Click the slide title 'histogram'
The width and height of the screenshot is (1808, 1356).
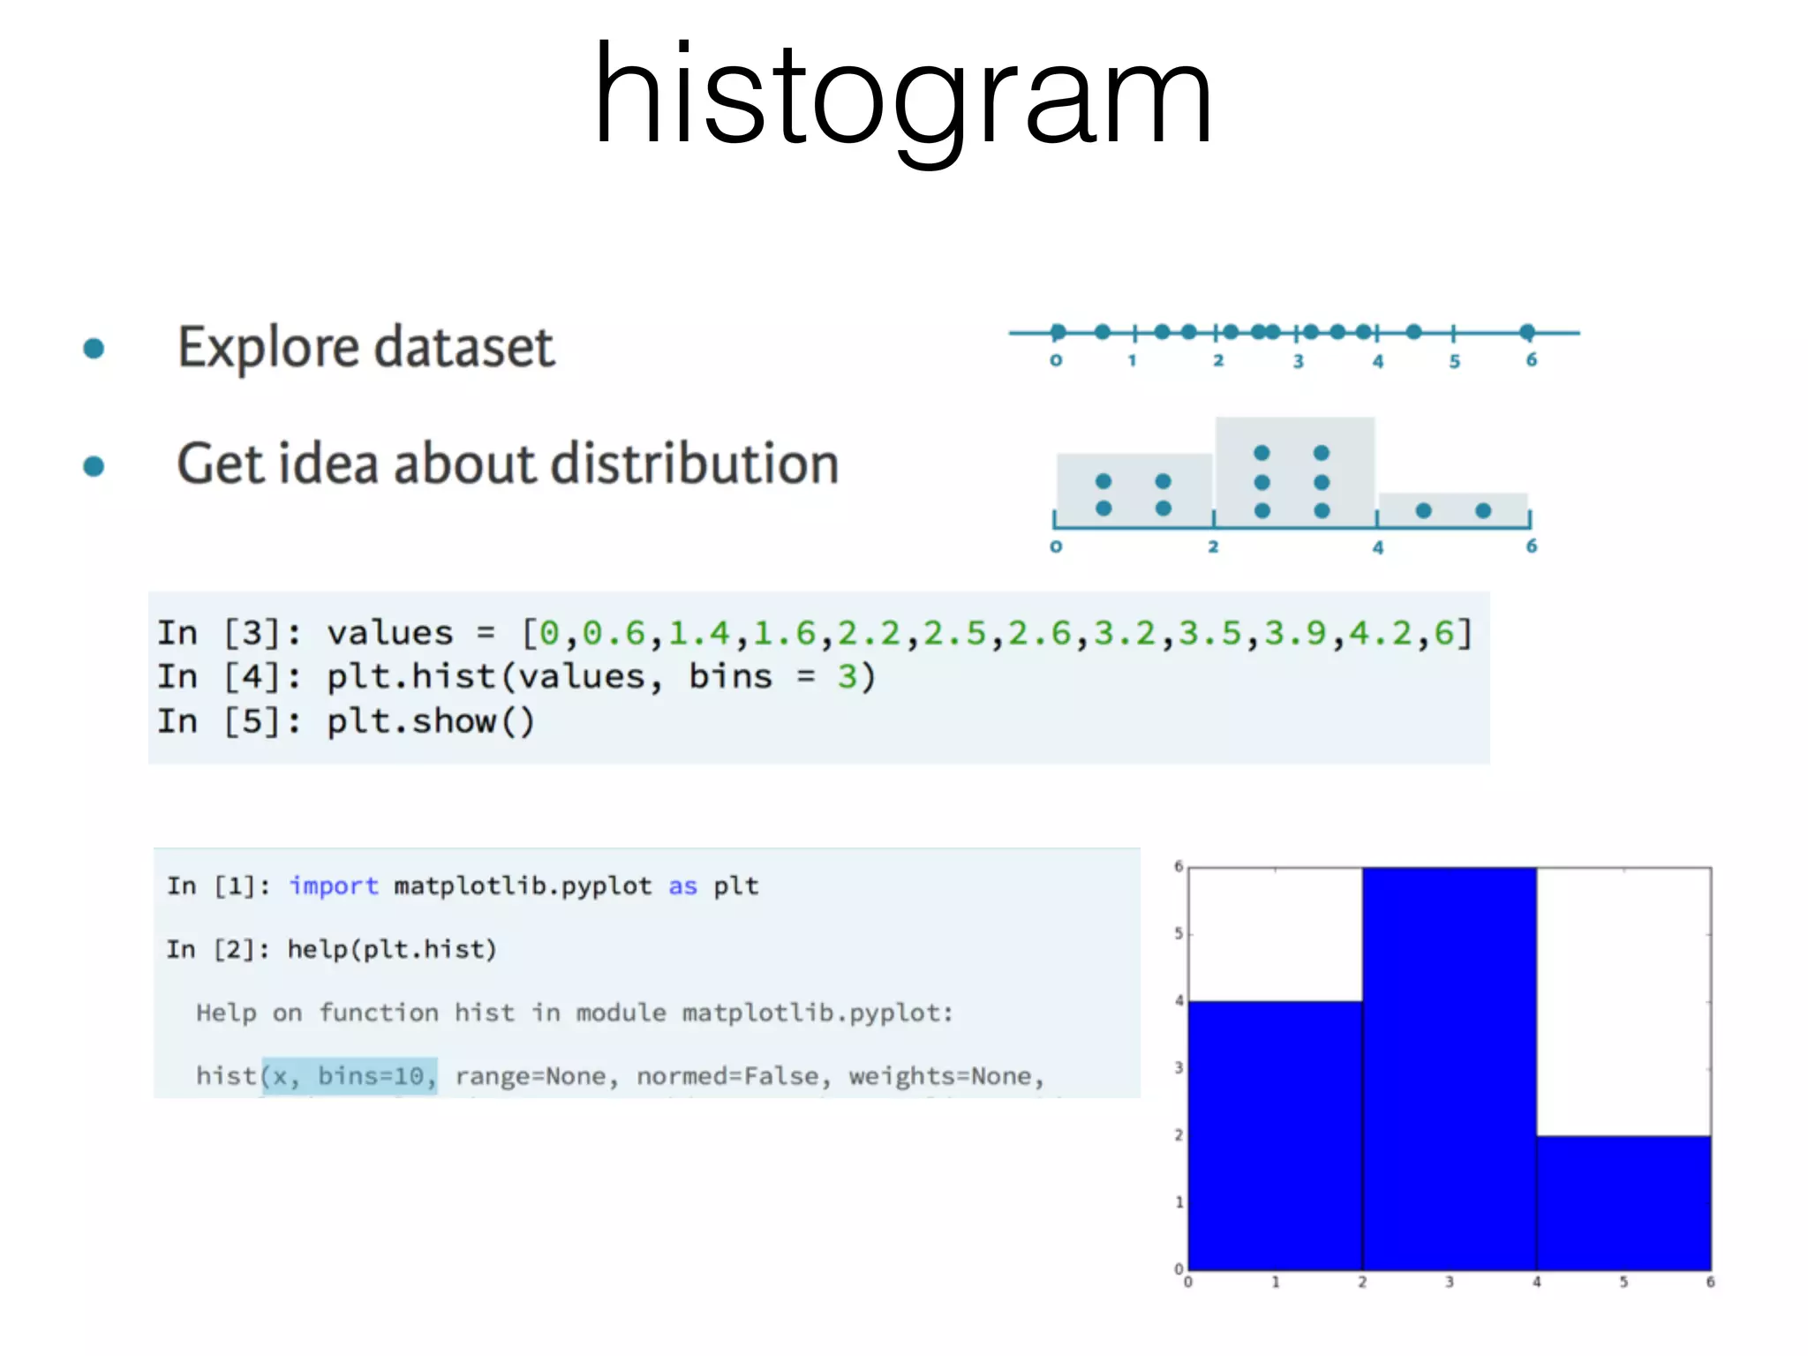click(x=902, y=95)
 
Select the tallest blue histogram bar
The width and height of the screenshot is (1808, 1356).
click(x=1449, y=1068)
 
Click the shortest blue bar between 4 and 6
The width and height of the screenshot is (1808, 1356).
click(x=1623, y=1202)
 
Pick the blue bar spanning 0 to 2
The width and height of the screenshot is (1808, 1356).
click(x=1275, y=1135)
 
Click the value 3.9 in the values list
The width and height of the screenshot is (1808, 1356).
click(x=1294, y=633)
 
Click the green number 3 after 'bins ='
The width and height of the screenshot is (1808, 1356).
click(x=847, y=676)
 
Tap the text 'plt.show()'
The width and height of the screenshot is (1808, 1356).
click(x=430, y=721)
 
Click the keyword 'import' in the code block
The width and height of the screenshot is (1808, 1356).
click(x=333, y=885)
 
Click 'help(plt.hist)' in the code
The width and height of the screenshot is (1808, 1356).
click(x=392, y=949)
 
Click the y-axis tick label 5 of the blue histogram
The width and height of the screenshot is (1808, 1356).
click(x=1179, y=934)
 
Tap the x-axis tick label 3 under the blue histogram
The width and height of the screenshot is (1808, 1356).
click(x=1449, y=1282)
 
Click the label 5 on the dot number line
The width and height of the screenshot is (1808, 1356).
click(x=1454, y=361)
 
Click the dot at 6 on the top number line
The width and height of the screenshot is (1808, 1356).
click(x=1527, y=332)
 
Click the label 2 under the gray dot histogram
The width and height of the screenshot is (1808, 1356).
click(x=1213, y=546)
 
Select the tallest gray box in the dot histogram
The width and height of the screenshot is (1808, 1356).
click(x=1294, y=471)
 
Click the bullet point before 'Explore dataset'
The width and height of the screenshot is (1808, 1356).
click(x=94, y=349)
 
